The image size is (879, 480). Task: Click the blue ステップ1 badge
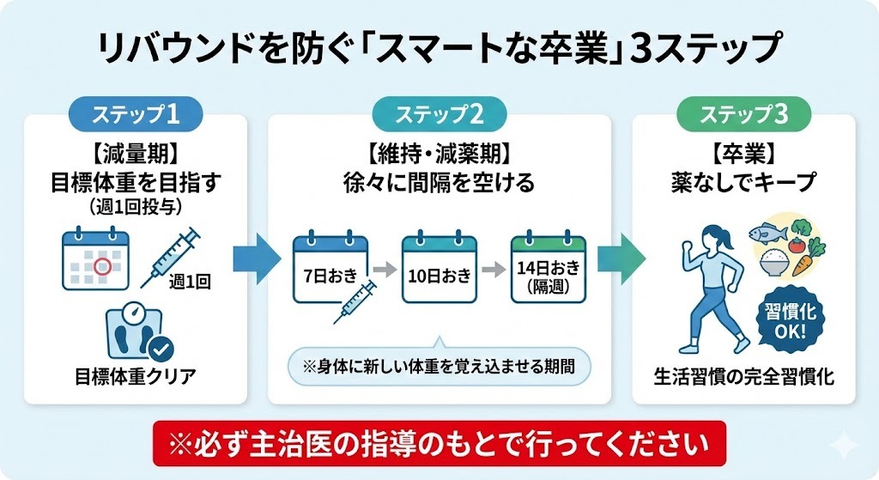point(136,113)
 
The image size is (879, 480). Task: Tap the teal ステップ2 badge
point(439,113)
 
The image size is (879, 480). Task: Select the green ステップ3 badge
point(743,113)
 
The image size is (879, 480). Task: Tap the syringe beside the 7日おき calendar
point(355,300)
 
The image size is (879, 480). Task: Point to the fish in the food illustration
point(767,232)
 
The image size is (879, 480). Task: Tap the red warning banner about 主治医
point(439,444)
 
